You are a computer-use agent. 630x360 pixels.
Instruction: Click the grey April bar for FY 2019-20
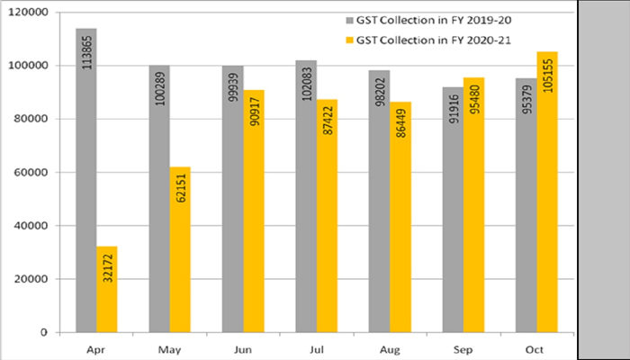tap(85, 180)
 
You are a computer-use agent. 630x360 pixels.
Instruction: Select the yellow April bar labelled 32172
tap(107, 288)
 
